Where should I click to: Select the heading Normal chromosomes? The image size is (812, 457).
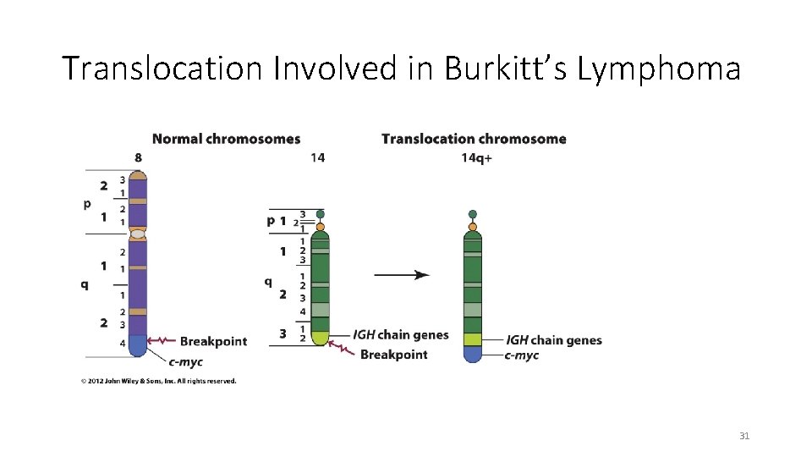coord(226,139)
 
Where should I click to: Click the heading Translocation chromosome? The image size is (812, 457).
coord(474,139)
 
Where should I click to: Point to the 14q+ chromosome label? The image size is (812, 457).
coord(477,157)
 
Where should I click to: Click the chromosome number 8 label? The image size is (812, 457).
coord(138,157)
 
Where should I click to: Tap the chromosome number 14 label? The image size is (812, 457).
coord(317,157)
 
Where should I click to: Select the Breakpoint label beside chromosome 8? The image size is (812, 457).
coord(213,341)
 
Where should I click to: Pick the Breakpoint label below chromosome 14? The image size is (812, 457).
coord(393,355)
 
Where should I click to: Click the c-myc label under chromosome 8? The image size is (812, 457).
coord(185,362)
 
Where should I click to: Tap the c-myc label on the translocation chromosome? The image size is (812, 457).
coord(521,355)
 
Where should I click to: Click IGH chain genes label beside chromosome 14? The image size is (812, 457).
coord(400,335)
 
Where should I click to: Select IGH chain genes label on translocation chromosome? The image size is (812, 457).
coord(553,340)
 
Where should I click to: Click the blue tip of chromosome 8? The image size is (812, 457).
coord(138,345)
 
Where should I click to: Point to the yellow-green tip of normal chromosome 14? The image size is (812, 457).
coord(320,339)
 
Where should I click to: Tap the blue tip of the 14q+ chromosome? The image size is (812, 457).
coord(473,354)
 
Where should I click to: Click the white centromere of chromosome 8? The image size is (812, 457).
coord(138,234)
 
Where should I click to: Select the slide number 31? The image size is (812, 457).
coord(744,436)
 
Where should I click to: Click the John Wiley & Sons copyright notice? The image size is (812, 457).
coord(158,381)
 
